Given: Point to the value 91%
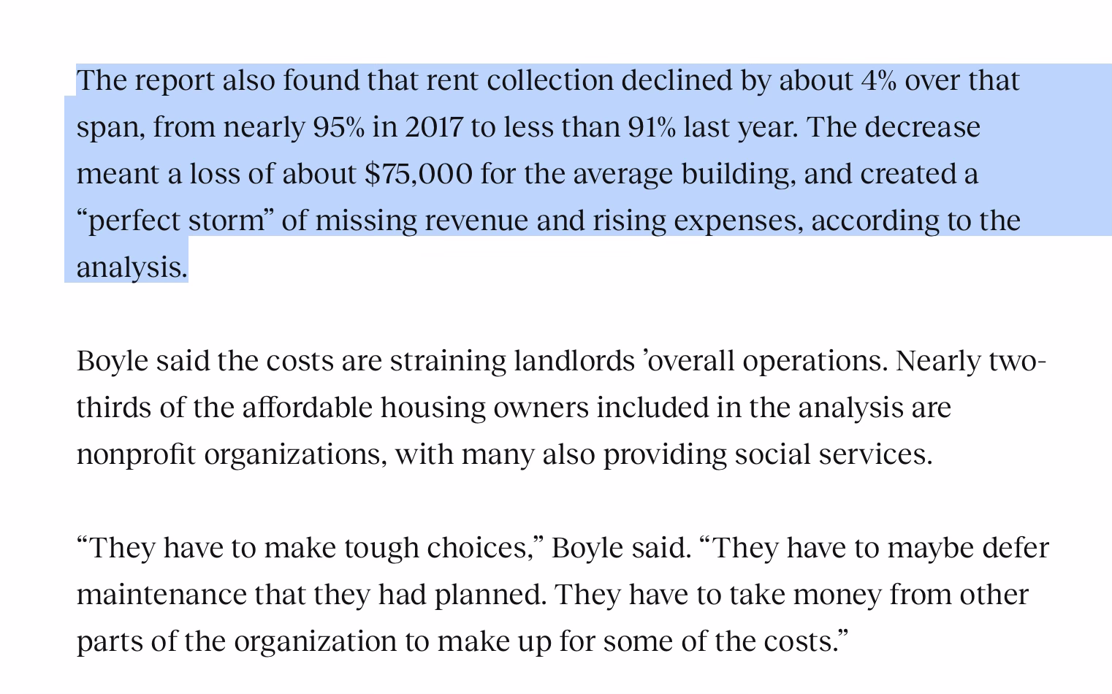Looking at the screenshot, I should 652,127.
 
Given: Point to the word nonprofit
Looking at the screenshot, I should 137,454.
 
